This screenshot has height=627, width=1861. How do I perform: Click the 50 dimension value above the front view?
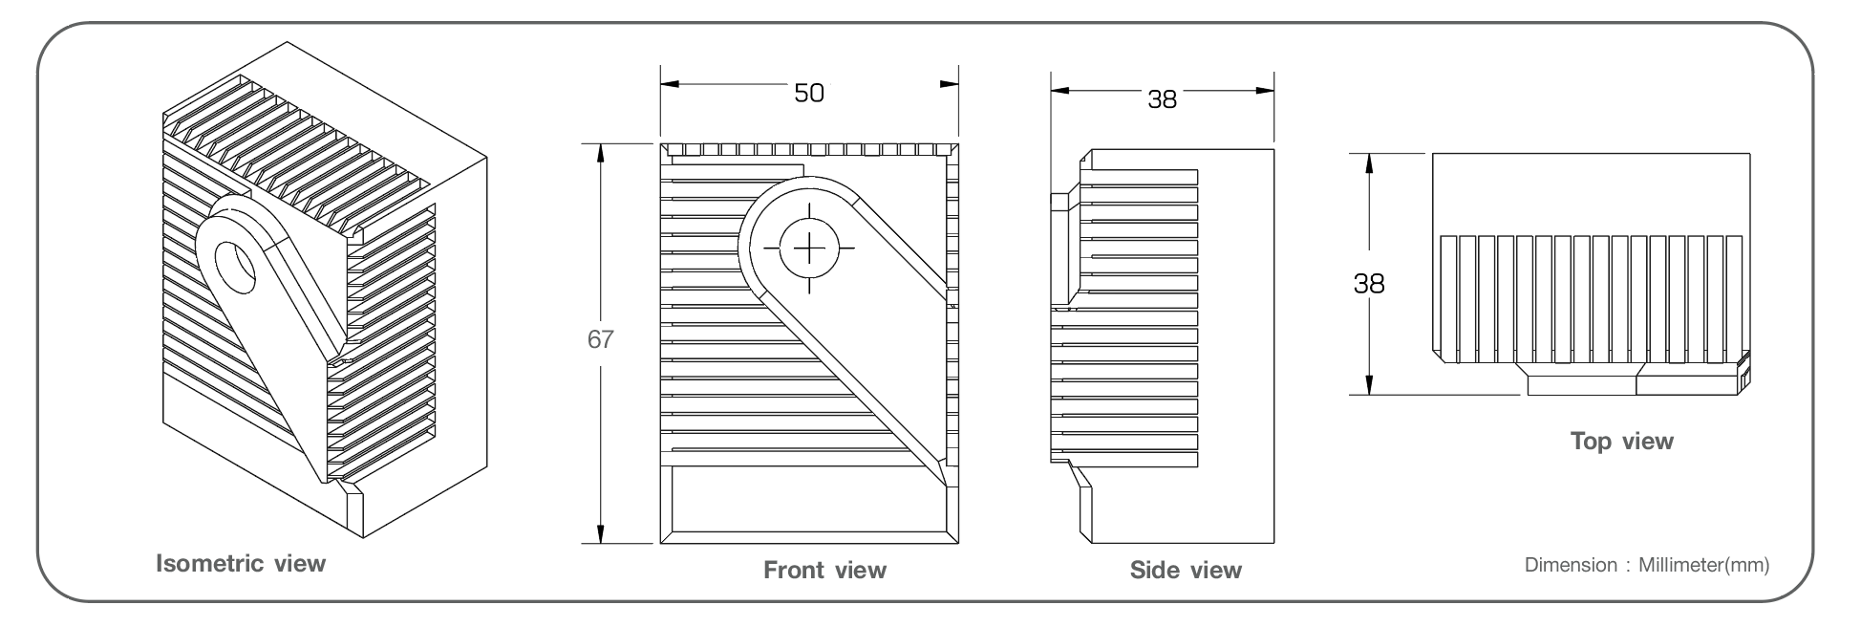[x=809, y=93]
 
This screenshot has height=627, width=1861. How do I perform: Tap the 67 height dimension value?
[x=600, y=340]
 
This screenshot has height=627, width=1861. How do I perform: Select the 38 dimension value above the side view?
[x=1162, y=98]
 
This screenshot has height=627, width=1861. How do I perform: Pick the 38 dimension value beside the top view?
[x=1369, y=283]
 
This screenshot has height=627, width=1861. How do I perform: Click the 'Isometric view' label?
[x=241, y=563]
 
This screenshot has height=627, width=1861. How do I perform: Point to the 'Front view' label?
[x=824, y=571]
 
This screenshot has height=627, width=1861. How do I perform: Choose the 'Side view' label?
[x=1186, y=571]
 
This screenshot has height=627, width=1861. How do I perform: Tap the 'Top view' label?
[x=1622, y=441]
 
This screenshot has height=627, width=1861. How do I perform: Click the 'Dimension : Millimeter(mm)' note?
[x=1647, y=565]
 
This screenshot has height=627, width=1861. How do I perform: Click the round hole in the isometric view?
[x=235, y=268]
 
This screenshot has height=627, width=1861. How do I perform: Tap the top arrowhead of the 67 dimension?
[x=601, y=152]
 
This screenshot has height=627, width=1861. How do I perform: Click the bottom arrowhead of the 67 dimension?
[x=601, y=535]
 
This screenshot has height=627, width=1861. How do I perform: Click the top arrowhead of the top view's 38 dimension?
[x=1369, y=162]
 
